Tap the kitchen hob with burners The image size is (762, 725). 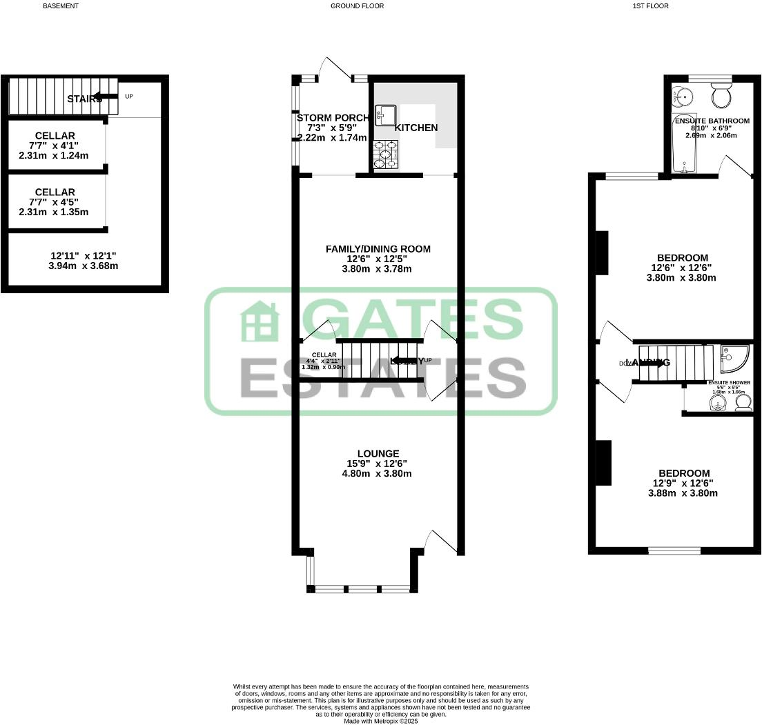[x=385, y=155]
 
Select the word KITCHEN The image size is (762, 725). [x=416, y=128]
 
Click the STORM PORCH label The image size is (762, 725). [x=333, y=118]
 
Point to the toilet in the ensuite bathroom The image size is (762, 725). [x=721, y=95]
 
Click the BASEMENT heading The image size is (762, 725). [x=61, y=6]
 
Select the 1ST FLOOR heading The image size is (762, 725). [x=649, y=6]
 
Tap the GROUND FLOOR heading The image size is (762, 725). [x=357, y=6]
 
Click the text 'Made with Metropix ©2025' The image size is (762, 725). [x=380, y=721]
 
